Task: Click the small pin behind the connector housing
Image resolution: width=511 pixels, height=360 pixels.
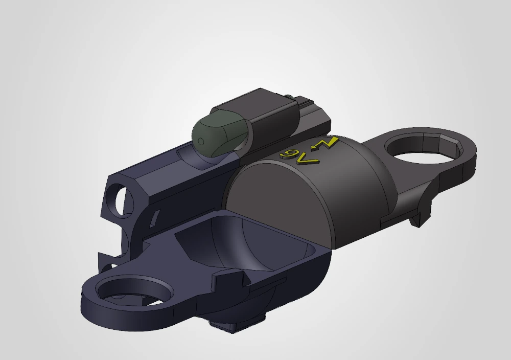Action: click(x=289, y=97)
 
